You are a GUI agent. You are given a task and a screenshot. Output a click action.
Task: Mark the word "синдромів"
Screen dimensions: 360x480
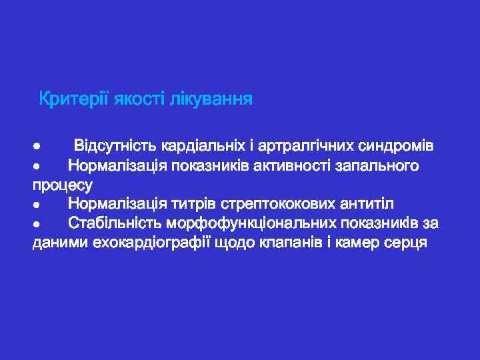(x=397, y=145)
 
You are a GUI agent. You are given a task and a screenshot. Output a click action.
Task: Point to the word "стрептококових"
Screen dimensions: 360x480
(x=291, y=203)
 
